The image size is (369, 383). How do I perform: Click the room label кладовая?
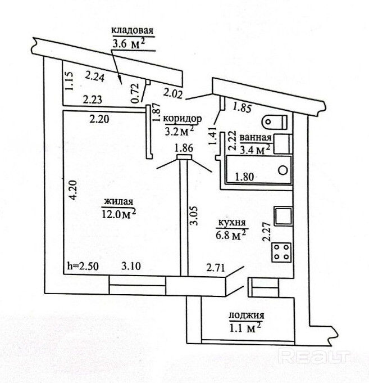click(x=132, y=31)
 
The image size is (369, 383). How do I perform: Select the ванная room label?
click(x=255, y=137)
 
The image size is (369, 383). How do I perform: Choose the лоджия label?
click(x=246, y=316)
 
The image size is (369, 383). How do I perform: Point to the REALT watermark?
click(x=315, y=356)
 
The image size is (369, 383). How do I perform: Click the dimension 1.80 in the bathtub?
click(x=245, y=176)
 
